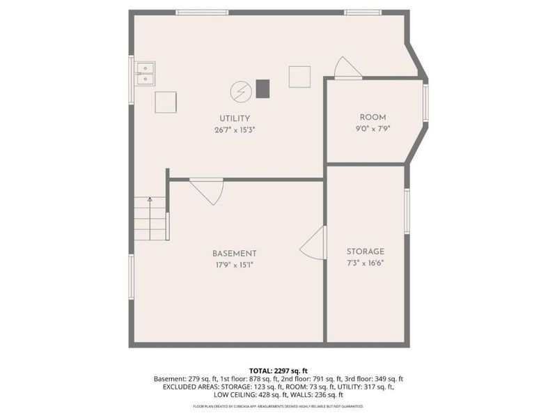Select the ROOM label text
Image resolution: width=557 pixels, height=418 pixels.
(x=372, y=117)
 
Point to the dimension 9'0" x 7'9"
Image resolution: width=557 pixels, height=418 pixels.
(x=372, y=127)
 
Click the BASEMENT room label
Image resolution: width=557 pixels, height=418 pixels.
(x=235, y=254)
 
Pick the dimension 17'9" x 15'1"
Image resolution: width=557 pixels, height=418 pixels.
(x=235, y=264)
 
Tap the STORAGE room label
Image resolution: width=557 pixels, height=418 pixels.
(x=366, y=251)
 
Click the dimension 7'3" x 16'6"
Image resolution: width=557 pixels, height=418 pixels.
(x=366, y=262)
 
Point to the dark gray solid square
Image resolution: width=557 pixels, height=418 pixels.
(x=262, y=88)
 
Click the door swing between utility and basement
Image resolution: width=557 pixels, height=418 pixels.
(x=208, y=191)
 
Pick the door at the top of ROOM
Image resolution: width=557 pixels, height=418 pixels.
(x=347, y=69)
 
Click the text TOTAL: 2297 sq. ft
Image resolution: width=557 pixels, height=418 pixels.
(x=278, y=370)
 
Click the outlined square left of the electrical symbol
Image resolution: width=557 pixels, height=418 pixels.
(x=166, y=102)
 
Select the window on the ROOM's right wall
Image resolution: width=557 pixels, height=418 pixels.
(x=426, y=102)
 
